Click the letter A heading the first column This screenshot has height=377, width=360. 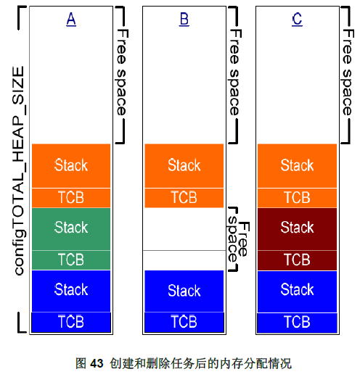pos(71,19)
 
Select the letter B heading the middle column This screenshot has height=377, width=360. pos(184,19)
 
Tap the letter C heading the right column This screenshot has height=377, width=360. pos(297,19)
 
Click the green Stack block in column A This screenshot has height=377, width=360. pos(71,229)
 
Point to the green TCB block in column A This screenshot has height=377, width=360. pos(71,260)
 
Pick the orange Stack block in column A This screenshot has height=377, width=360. pos(71,166)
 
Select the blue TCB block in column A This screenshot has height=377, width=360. pos(71,323)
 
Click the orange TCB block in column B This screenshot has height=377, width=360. pos(184,198)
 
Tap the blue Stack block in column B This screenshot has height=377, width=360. pos(184,291)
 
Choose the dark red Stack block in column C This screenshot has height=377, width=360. pos(297,229)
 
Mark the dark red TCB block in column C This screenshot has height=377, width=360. pos(297,260)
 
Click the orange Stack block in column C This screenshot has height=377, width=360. pos(297,166)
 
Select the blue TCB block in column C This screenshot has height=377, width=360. pos(297,323)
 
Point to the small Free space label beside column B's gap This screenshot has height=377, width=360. pos(238,239)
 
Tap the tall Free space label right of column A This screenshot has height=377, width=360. pos(121,72)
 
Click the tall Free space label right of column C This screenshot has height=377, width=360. pos(348,72)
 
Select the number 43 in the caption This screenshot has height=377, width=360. pos(97,363)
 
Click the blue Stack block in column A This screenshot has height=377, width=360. pos(71,291)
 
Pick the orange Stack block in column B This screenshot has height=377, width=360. pos(184,166)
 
